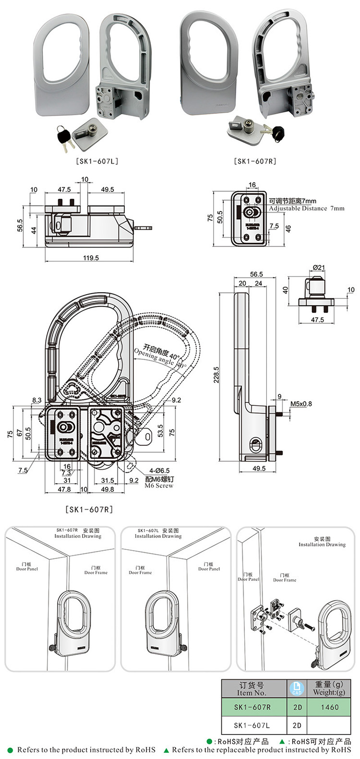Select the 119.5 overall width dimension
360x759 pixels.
click(90, 258)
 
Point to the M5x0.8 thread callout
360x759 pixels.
click(301, 403)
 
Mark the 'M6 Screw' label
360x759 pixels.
click(159, 486)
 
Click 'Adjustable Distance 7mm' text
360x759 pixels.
click(306, 209)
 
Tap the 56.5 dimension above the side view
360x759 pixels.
click(256, 274)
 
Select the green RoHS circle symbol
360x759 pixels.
click(209, 742)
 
